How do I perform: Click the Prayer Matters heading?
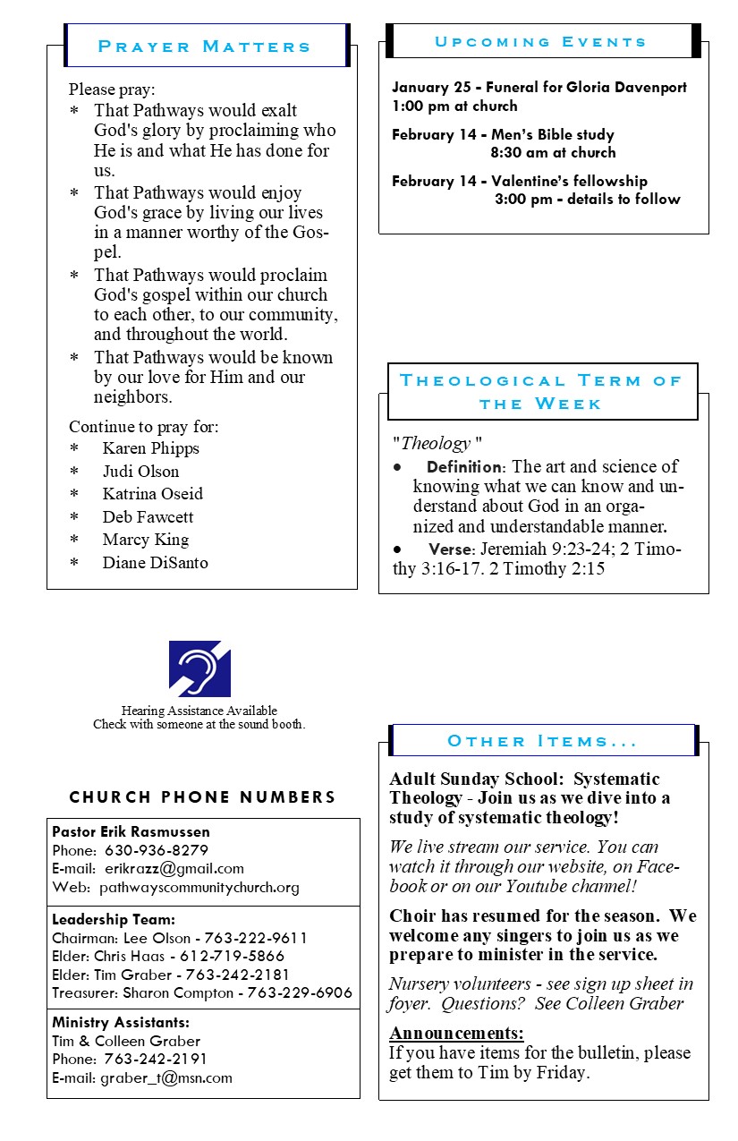[x=204, y=47]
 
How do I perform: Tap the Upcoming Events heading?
[x=540, y=42]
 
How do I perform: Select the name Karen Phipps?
[x=150, y=448]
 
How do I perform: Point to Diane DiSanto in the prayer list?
[x=155, y=563]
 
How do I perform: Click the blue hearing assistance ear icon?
[x=199, y=668]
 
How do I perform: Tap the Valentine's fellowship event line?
[x=520, y=181]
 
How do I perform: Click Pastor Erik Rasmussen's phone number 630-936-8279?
[x=157, y=850]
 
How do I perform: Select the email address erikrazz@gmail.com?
[x=174, y=869]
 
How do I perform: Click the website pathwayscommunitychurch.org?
[x=199, y=888]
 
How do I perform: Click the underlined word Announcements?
[x=456, y=1034]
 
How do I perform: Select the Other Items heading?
[x=542, y=741]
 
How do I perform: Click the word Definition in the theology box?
[x=465, y=467]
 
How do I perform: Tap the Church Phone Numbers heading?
[x=203, y=797]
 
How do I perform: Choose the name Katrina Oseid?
[x=152, y=494]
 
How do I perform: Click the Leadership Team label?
[x=113, y=919]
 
